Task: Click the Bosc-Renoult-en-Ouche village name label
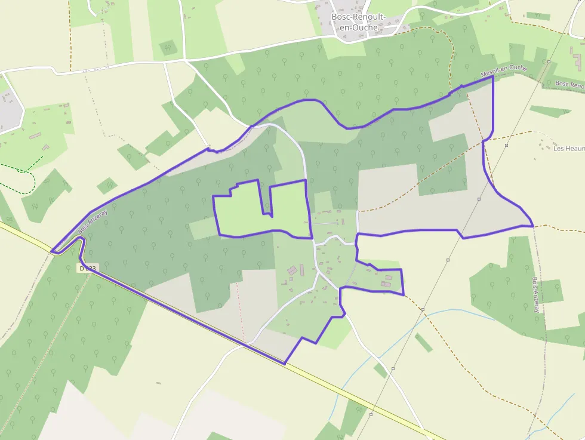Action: click(x=359, y=21)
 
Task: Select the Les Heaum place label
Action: click(x=568, y=148)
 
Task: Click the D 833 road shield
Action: click(x=87, y=269)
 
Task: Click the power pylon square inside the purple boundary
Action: click(x=479, y=199)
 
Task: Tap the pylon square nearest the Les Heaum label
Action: click(x=506, y=145)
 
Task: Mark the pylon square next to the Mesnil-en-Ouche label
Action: click(x=547, y=61)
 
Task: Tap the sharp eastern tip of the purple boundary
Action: click(x=532, y=226)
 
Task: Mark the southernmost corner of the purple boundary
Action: click(x=284, y=364)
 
